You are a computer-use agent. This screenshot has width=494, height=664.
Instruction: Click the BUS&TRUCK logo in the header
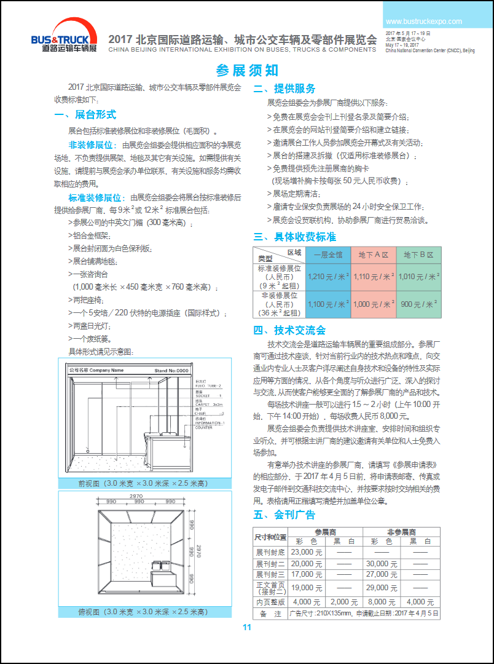click(x=64, y=38)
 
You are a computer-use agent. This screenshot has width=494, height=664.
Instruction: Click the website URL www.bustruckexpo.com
click(x=423, y=21)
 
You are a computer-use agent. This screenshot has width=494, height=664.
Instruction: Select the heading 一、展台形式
click(x=85, y=114)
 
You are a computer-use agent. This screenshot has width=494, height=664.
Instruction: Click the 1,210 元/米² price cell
click(x=328, y=277)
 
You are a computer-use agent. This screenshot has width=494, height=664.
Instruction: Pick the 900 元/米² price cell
click(x=418, y=304)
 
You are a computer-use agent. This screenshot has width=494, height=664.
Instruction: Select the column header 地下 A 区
click(x=374, y=255)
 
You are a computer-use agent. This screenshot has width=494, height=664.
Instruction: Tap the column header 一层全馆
click(x=328, y=255)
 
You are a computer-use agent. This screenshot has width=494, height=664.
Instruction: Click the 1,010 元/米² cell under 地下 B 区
click(x=418, y=277)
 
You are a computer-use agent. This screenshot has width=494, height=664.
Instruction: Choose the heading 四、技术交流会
click(x=289, y=330)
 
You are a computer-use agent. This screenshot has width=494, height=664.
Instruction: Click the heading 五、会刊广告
click(x=284, y=515)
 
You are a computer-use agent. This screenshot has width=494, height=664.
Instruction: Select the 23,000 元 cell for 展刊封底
click(x=307, y=552)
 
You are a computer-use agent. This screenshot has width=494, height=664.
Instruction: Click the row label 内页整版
click(x=271, y=602)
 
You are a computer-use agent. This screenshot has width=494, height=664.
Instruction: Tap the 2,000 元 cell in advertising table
click(x=344, y=602)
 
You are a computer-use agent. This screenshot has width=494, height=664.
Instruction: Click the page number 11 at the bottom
click(x=247, y=627)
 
